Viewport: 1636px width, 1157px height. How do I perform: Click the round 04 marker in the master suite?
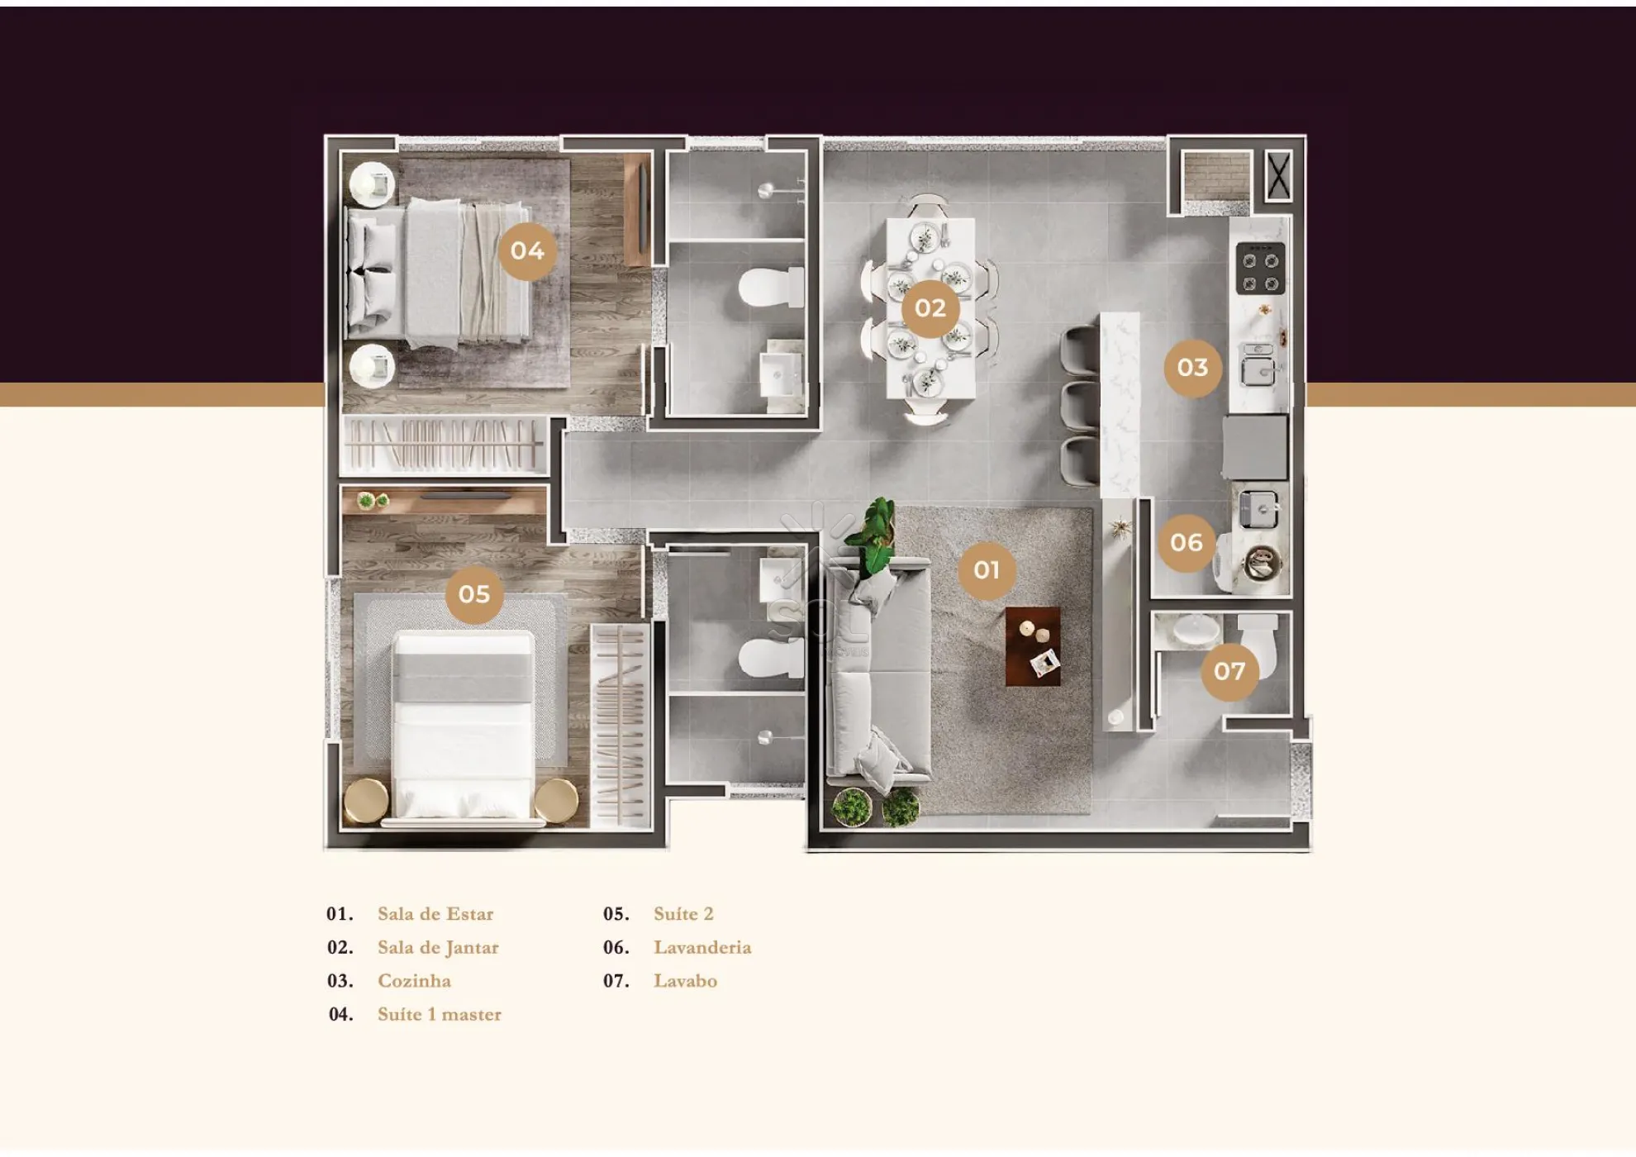[527, 251]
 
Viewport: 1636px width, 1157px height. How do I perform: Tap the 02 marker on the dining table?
[930, 308]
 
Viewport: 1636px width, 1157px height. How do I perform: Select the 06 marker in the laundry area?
[1187, 543]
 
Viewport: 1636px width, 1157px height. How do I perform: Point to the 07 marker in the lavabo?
[1229, 671]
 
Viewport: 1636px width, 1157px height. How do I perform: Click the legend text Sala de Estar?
[435, 914]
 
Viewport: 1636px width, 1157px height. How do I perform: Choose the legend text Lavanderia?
[702, 947]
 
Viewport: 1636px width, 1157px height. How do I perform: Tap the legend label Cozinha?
[414, 981]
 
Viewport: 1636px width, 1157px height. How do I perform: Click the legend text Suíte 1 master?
[440, 1014]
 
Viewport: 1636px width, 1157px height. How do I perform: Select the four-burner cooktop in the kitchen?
[1261, 269]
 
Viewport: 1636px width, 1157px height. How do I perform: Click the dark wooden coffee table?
[1033, 646]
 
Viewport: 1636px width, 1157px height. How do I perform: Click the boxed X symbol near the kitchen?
[1278, 176]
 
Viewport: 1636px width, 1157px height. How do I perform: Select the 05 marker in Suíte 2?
[474, 594]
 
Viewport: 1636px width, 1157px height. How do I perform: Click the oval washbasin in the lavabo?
[1196, 630]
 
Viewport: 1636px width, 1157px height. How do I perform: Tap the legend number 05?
[616, 914]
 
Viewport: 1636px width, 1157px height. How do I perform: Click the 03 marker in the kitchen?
[1193, 368]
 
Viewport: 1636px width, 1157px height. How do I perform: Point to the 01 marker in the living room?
[987, 570]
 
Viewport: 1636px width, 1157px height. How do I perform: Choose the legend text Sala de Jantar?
[438, 948]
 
